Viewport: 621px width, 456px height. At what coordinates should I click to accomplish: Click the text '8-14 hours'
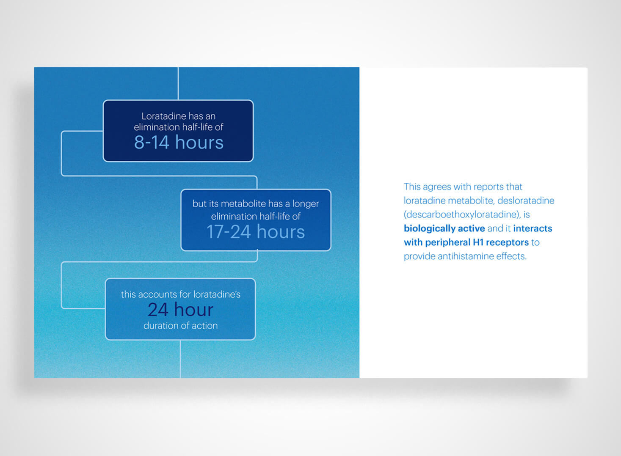click(179, 143)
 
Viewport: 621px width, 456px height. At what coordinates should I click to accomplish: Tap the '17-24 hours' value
click(256, 232)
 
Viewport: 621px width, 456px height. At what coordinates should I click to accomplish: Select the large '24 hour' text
click(180, 310)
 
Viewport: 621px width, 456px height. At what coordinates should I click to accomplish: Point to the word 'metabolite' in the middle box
click(243, 203)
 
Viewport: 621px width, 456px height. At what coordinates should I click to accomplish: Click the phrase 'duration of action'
click(180, 326)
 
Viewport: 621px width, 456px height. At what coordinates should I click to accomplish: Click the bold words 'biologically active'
click(444, 228)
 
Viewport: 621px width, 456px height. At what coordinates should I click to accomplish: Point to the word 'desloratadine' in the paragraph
click(526, 201)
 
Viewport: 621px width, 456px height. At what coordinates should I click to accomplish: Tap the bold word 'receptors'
click(507, 243)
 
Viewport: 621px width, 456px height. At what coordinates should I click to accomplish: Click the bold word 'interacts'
click(533, 228)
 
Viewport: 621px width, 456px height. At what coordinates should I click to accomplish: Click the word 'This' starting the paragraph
click(412, 187)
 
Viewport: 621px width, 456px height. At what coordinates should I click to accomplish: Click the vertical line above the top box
click(178, 83)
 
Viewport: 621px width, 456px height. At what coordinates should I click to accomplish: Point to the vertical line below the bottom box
click(180, 359)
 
